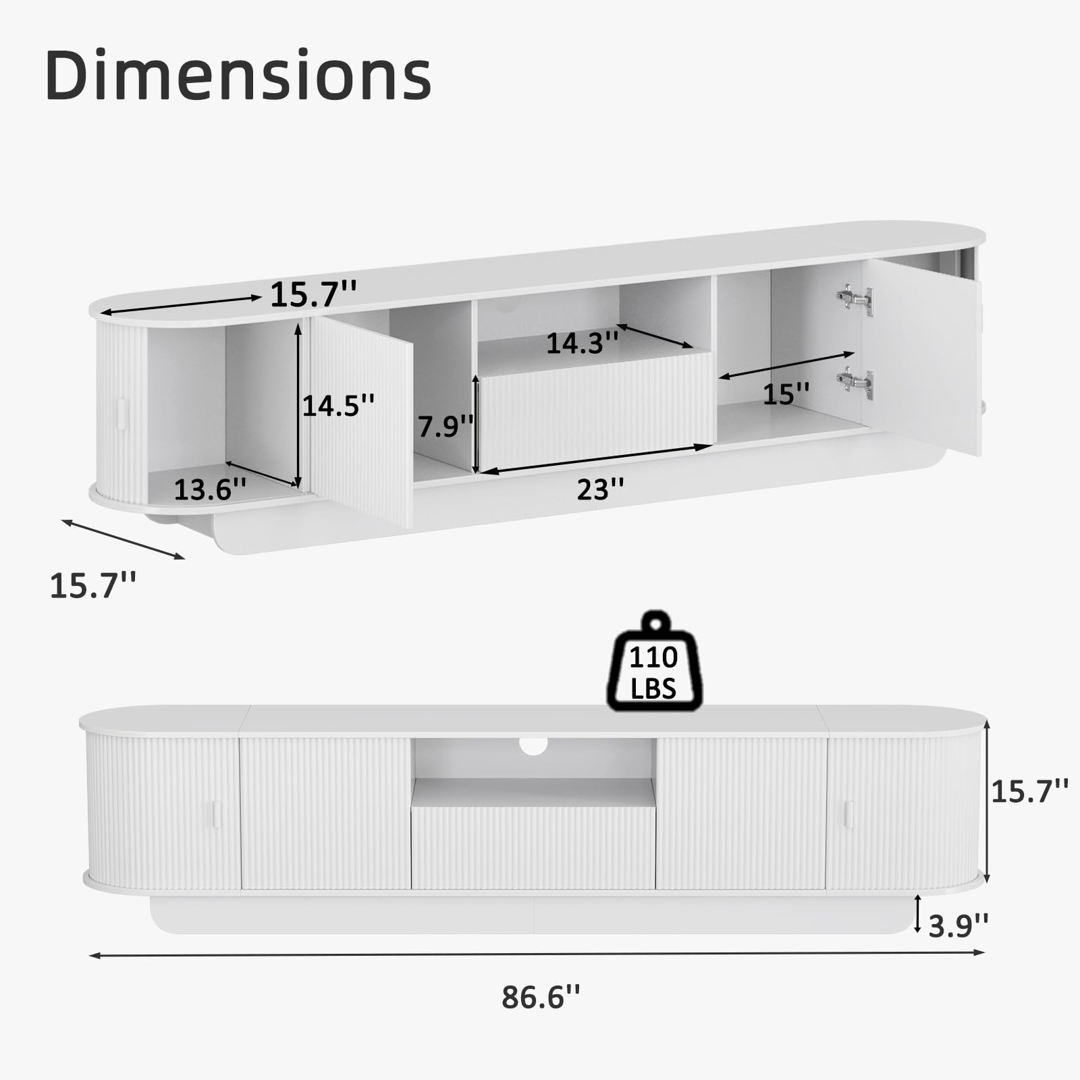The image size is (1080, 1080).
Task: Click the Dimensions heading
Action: [238, 75]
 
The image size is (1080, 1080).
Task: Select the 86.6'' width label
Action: [541, 996]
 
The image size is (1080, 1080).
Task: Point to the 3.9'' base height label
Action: [959, 925]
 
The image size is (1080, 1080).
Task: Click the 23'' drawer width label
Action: [600, 489]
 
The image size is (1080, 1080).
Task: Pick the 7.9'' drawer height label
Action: [446, 426]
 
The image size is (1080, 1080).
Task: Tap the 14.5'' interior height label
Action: [338, 405]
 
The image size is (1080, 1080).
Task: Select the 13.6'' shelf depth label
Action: [210, 489]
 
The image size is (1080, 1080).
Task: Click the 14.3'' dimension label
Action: [582, 343]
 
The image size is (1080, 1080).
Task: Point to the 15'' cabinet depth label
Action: [786, 394]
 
